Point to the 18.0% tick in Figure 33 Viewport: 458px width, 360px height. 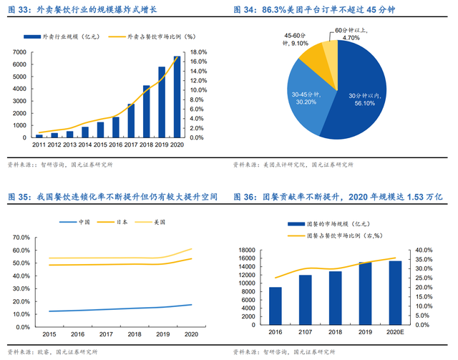199,52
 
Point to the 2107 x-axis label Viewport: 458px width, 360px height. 305,333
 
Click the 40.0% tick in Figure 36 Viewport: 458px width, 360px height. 423,250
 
